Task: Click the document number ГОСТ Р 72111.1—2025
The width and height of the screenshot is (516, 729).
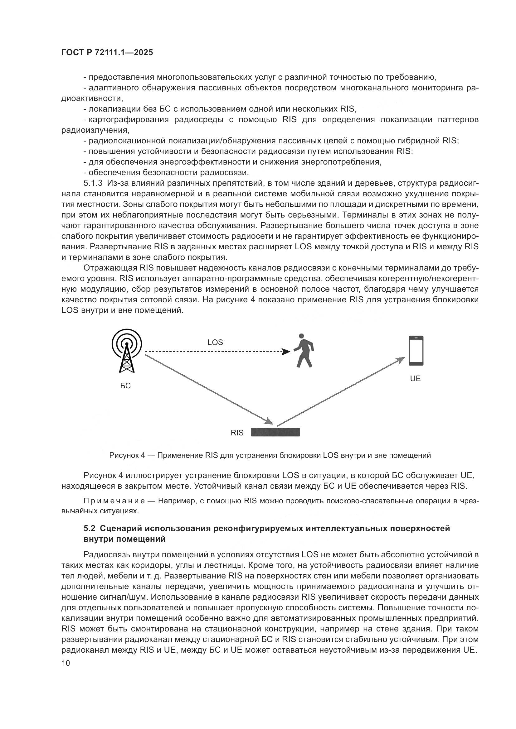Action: coord(107,53)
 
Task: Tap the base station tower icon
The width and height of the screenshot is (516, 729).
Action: coord(127,351)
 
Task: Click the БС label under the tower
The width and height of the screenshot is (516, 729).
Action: coord(125,386)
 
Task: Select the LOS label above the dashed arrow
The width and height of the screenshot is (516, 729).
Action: coord(215,342)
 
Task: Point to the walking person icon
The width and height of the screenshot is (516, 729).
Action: coord(304,351)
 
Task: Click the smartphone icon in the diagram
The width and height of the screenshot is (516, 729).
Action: coord(416,351)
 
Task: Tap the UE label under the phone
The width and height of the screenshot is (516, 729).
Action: coord(415,378)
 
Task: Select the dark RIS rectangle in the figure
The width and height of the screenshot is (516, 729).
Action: coord(275,433)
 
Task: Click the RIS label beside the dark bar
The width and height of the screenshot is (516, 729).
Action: coord(237,433)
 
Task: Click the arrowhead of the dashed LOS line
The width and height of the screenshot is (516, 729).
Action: coord(286,352)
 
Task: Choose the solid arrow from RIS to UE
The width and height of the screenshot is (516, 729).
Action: coord(340,392)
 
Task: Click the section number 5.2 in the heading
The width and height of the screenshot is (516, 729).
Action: coord(89,528)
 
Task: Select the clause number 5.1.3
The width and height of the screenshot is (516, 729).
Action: coord(93,183)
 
